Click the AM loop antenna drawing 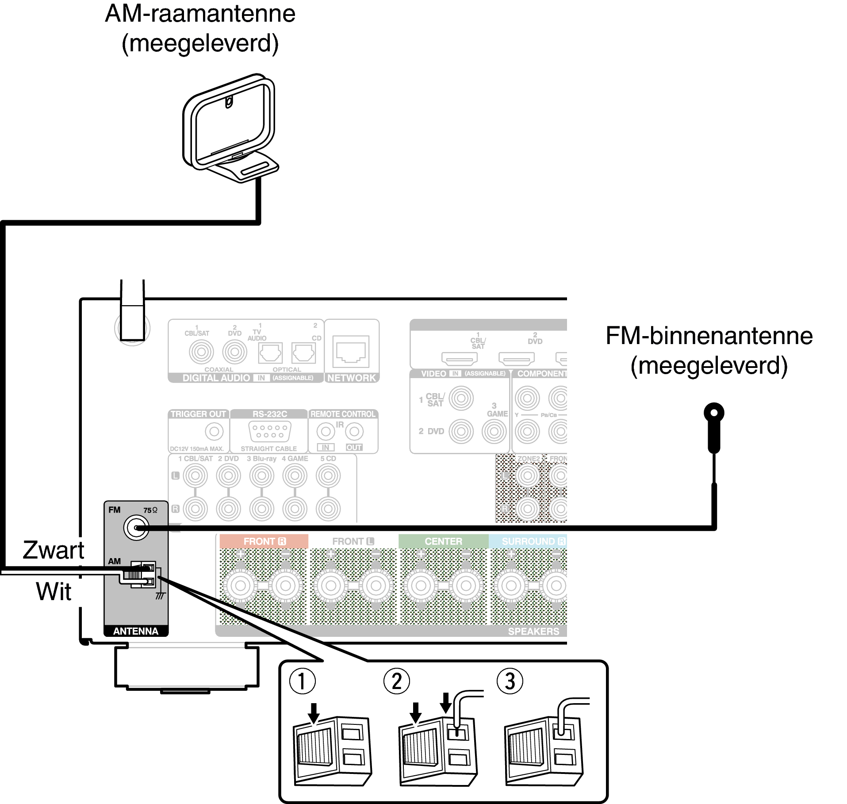(x=230, y=128)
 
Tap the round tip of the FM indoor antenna (x=713, y=413)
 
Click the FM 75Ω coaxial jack (x=136, y=528)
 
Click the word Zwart (x=54, y=550)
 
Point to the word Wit (x=54, y=591)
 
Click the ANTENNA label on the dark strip (x=136, y=631)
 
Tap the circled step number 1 (x=302, y=681)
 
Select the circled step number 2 (x=397, y=681)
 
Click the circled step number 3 (x=510, y=681)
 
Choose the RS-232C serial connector (x=270, y=431)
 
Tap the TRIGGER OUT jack (x=214, y=431)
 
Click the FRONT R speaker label (x=264, y=541)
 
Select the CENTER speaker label (x=443, y=541)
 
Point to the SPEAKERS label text (x=533, y=631)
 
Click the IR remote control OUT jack (x=354, y=431)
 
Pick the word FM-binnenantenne (x=709, y=336)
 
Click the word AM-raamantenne (x=200, y=14)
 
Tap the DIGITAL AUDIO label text (x=216, y=378)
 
